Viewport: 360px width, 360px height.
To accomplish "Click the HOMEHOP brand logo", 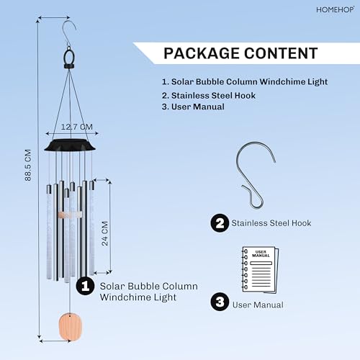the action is tap(335, 10).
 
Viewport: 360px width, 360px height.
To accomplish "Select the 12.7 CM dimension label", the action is tap(77, 127).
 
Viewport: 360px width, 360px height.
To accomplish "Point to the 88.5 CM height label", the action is tap(28, 165).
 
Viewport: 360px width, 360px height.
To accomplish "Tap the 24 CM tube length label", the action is tap(105, 233).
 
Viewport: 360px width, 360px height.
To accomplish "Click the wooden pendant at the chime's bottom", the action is tap(71, 327).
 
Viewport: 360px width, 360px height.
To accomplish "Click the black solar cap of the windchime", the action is tap(70, 145).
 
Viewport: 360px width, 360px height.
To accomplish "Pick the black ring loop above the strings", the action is tap(69, 58).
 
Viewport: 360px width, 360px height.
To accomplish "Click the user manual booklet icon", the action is tap(260, 269).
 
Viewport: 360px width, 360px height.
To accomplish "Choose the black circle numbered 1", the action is tap(85, 286).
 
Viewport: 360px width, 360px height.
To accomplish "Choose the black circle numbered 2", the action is tap(220, 223).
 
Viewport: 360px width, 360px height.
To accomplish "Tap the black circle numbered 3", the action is tap(220, 302).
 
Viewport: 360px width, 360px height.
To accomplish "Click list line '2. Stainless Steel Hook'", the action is tap(208, 96).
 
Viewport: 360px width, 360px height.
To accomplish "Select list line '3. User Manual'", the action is tap(193, 107).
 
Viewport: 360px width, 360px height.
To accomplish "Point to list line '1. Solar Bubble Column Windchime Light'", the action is tap(245, 81).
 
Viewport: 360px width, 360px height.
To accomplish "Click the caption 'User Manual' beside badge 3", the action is tap(258, 305).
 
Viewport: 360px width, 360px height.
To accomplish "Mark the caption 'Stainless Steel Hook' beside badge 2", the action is tap(271, 223).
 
